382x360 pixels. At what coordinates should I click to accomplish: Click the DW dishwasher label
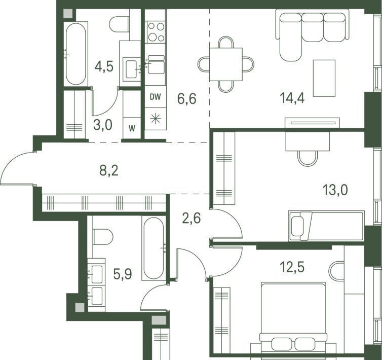[x=156, y=97]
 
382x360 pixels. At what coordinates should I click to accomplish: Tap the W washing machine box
[x=132, y=128]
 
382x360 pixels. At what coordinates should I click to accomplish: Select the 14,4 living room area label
[x=292, y=98]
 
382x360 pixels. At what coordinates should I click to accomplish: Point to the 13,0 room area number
[x=335, y=190]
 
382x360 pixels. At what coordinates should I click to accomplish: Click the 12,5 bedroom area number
[x=292, y=267]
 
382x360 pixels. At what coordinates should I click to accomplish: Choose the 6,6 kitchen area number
[x=187, y=99]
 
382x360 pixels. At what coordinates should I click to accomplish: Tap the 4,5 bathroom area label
[x=104, y=66]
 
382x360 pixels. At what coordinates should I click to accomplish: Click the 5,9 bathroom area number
[x=123, y=274]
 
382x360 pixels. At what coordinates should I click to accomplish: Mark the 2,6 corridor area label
[x=192, y=218]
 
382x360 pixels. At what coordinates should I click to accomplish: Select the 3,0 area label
[x=102, y=124]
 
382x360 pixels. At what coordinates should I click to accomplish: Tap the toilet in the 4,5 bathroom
[x=119, y=24]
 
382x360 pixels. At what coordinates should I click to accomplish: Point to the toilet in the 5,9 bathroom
[x=103, y=237]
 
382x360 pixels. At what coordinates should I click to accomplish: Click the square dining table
[x=226, y=64]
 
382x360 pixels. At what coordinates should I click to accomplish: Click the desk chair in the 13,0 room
[x=308, y=159]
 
